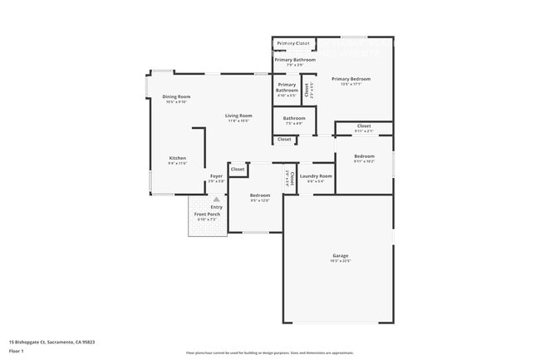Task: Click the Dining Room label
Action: point(176,96)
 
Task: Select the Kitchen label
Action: point(178,158)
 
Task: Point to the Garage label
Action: point(341,255)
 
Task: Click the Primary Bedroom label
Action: point(351,79)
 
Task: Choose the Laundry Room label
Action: point(316,176)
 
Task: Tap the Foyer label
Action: point(216,176)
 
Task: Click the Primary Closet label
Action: point(293,43)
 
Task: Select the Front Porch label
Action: point(207,215)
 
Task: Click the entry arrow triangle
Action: point(216,200)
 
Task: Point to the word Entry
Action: point(216,207)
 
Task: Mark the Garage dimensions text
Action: point(341,261)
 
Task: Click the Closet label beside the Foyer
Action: point(238,169)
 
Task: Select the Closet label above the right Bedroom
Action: point(364,126)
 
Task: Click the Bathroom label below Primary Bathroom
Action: point(293,118)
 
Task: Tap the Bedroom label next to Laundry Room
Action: point(261,195)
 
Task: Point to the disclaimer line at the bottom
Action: point(270,353)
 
